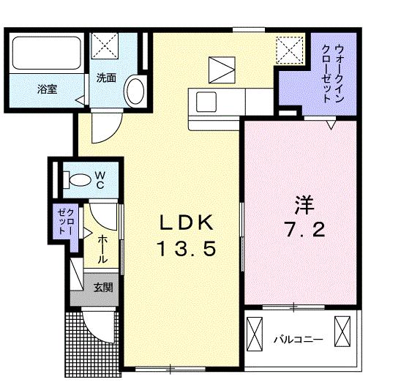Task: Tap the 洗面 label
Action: pyautogui.click(x=107, y=78)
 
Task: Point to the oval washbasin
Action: pyautogui.click(x=134, y=91)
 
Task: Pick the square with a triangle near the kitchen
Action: pyautogui.click(x=220, y=70)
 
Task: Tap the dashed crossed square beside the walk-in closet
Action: pyautogui.click(x=287, y=50)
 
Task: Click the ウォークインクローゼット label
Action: pyautogui.click(x=330, y=73)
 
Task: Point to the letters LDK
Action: pyautogui.click(x=185, y=221)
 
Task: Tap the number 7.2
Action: pyautogui.click(x=296, y=229)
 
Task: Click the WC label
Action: pyautogui.click(x=100, y=180)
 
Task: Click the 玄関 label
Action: pyautogui.click(x=102, y=288)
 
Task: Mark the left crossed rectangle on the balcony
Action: pyautogui.click(x=254, y=335)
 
